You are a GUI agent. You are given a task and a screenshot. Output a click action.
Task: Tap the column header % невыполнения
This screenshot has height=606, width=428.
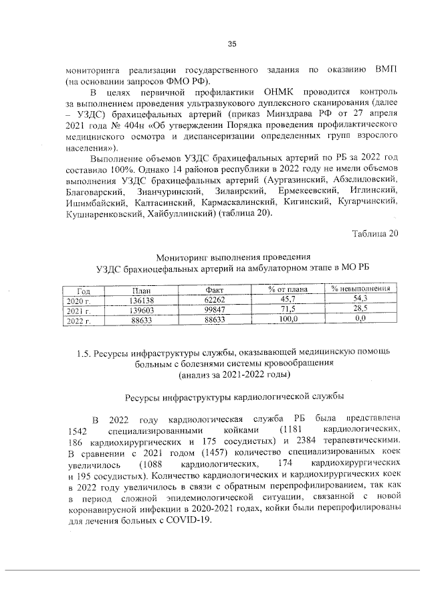(358, 289)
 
